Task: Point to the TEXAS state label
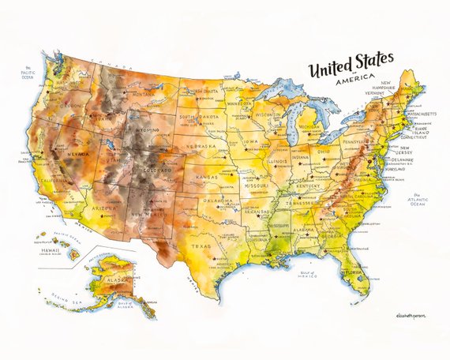201,246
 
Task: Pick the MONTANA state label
143,94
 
